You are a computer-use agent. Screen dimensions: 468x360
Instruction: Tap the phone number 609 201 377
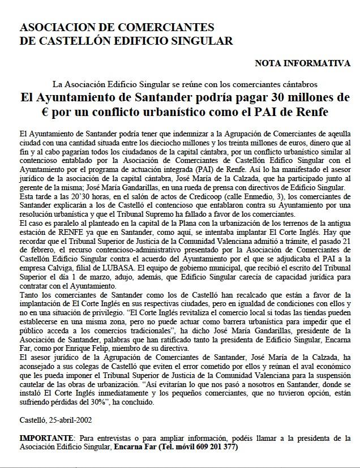pos(215,446)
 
